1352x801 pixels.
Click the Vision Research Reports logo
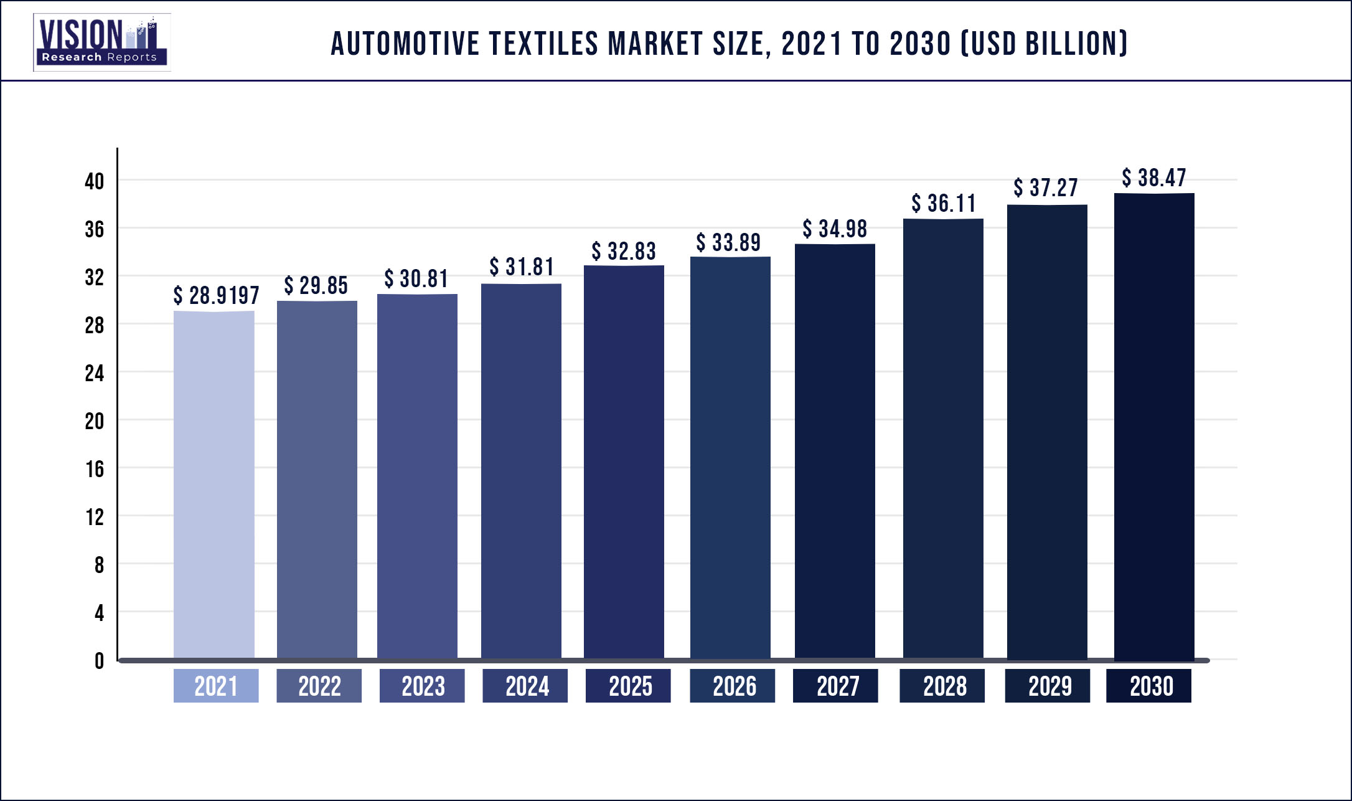point(101,42)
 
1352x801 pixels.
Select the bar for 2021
point(214,485)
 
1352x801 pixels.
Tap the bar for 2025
point(624,462)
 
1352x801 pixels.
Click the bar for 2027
point(835,451)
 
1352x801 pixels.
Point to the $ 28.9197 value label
point(216,295)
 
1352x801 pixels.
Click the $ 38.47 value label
point(1154,178)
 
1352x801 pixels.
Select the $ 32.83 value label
point(624,251)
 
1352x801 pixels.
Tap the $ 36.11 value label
point(944,204)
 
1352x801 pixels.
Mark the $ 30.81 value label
point(416,278)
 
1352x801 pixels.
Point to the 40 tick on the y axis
point(95,181)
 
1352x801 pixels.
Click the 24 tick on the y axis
point(95,373)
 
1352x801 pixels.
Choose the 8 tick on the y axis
point(99,565)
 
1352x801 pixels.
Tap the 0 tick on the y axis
point(99,661)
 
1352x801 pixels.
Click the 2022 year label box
point(319,686)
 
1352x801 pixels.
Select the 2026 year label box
point(733,686)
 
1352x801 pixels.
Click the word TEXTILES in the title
point(545,44)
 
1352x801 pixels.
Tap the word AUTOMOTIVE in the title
point(405,44)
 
